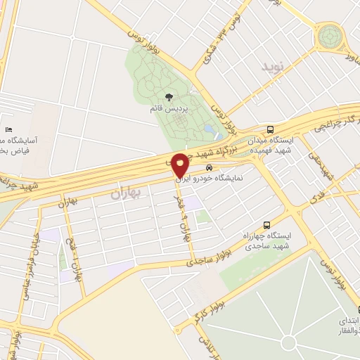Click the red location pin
coord(180,163)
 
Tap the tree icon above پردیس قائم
coord(168,97)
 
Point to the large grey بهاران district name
coord(127,191)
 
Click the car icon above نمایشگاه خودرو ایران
coord(209,168)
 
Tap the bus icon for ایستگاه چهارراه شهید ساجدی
coord(266,220)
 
